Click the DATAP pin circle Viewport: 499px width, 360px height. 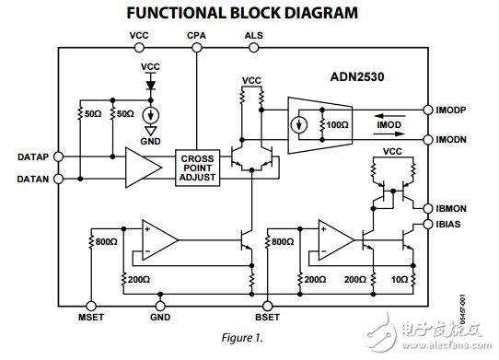coord(58,157)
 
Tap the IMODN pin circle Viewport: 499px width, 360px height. coord(428,139)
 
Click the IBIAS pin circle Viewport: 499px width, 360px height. coord(428,224)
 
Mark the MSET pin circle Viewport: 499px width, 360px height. coord(91,305)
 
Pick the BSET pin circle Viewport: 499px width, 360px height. coord(268,305)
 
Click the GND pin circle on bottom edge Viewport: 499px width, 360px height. coord(160,305)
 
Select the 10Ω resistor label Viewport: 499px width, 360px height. coord(399,278)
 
